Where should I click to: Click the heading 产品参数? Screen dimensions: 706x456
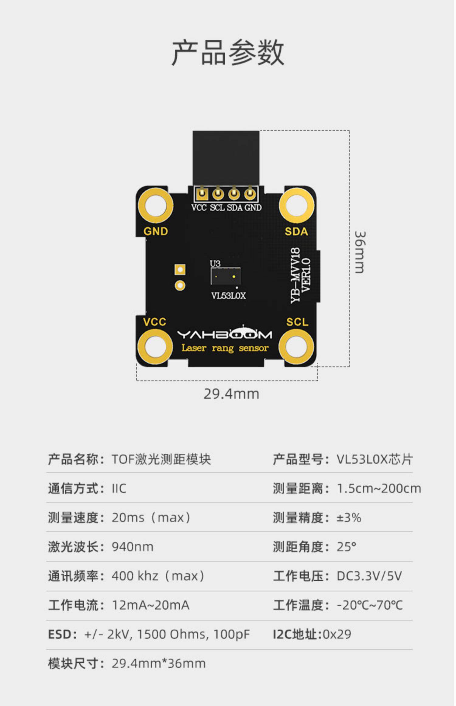pos(228,52)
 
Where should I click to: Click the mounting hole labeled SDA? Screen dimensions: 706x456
pos(296,206)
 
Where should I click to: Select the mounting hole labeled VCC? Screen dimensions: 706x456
pos(155,347)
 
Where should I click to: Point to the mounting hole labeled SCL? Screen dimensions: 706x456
pos(296,347)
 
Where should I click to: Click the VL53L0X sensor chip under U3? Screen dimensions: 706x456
pos(225,276)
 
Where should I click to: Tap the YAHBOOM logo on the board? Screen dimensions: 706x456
pos(225,334)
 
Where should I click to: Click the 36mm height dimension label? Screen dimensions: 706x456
pos(361,252)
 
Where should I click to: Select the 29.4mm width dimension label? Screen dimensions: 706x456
pos(231,394)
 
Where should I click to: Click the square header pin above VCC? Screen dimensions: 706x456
pos(201,193)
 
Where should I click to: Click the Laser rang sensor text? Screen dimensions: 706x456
pos(225,348)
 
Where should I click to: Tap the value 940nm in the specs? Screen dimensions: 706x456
pos(133,547)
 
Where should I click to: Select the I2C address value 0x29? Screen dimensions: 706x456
pos(337,634)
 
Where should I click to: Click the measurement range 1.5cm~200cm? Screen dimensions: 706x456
pos(379,488)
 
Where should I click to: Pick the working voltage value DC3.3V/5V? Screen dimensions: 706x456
pos(369,576)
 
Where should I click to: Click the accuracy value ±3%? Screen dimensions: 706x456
pos(349,517)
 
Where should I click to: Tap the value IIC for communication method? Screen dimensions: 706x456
pos(119,488)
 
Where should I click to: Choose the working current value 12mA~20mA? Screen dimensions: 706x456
pos(151,605)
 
